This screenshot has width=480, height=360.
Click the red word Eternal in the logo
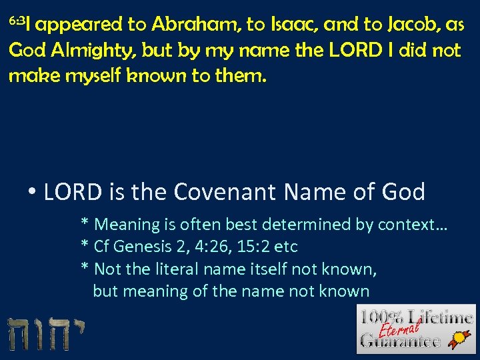click(x=399, y=327)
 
